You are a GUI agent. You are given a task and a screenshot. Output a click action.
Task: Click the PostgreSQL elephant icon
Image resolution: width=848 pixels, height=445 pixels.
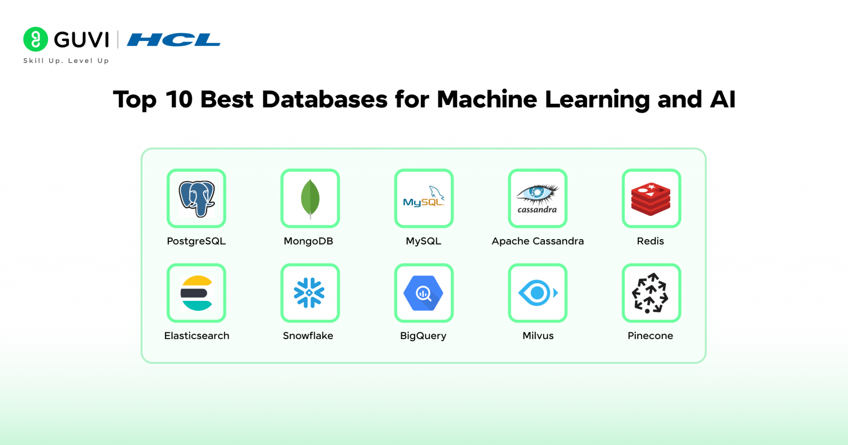(197, 198)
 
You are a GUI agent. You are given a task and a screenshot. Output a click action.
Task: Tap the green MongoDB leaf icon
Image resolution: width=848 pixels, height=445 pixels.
(310, 198)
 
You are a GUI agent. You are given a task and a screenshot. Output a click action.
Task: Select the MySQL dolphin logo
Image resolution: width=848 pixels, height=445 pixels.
(424, 198)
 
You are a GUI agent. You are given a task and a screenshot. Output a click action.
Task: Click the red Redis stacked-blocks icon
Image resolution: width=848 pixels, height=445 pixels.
(651, 198)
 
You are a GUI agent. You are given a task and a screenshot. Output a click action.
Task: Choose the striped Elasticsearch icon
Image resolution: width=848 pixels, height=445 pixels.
(197, 293)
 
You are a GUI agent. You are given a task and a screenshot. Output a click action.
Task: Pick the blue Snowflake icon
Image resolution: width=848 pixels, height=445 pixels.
(310, 293)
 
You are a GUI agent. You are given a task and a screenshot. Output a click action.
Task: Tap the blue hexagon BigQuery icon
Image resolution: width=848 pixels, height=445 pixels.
(423, 293)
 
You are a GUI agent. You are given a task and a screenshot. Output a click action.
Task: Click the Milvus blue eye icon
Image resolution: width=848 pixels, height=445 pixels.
(537, 293)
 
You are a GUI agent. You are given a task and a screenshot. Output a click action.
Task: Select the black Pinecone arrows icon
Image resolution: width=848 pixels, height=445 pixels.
(650, 293)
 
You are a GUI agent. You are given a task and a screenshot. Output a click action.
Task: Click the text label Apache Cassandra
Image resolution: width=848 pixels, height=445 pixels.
(538, 241)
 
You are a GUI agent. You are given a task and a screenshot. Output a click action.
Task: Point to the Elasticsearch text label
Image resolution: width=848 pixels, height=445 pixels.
(197, 336)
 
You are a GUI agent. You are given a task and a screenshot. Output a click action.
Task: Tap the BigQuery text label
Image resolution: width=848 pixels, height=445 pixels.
(423, 336)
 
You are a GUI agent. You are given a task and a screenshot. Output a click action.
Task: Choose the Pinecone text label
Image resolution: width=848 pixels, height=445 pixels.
(650, 336)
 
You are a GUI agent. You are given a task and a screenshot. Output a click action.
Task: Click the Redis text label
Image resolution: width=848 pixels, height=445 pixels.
(650, 241)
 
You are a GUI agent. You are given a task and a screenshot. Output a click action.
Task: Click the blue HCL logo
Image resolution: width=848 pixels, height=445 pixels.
(173, 40)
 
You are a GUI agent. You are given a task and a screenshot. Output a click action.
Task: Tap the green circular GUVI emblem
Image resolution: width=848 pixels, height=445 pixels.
(36, 39)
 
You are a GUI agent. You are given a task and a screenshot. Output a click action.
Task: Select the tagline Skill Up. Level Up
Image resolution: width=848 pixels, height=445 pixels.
(66, 61)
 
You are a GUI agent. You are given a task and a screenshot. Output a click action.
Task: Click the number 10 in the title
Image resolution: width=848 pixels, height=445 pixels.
(178, 99)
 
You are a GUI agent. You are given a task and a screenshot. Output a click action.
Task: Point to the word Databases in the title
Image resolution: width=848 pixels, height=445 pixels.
(324, 99)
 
